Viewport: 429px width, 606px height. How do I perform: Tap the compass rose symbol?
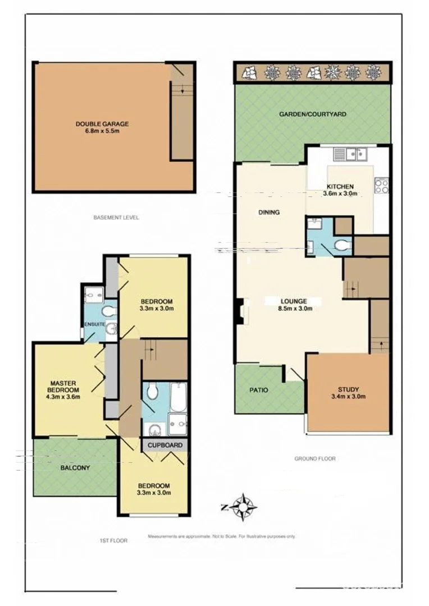(244, 507)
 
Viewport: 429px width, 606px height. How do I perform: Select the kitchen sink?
(349, 153)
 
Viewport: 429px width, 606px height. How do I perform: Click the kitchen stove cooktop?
(381, 185)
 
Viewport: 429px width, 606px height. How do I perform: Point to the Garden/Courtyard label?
(313, 114)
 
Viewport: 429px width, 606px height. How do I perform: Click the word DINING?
(269, 212)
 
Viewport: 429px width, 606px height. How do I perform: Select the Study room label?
(348, 389)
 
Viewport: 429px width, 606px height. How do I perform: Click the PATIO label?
(258, 390)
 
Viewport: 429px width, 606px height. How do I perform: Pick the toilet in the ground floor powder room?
(342, 245)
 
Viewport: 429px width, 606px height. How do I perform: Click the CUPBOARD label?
(165, 446)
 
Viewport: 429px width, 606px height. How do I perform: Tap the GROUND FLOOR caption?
(315, 458)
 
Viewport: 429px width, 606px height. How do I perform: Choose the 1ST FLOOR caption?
(113, 541)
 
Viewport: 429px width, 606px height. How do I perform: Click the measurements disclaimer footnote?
(221, 537)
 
